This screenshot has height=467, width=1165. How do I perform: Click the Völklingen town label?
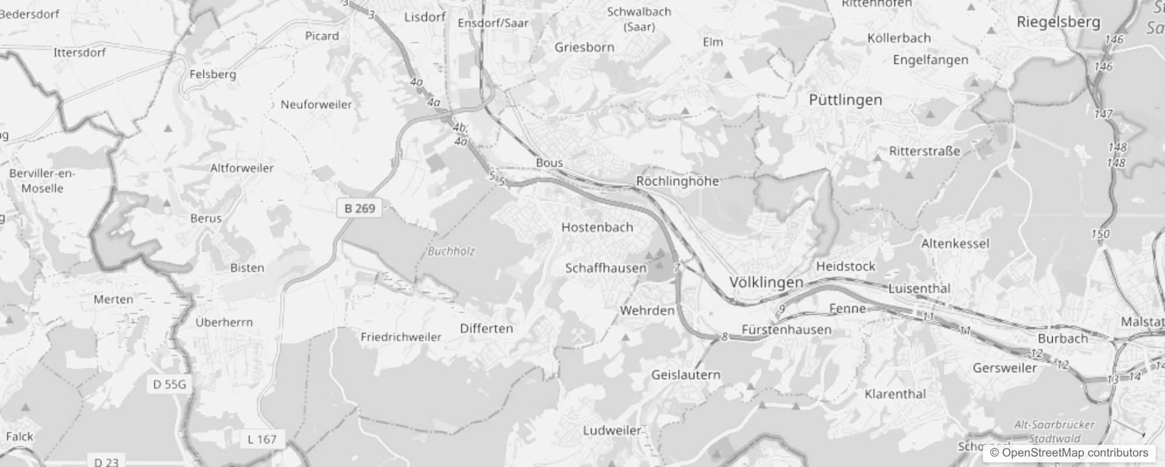tap(766, 283)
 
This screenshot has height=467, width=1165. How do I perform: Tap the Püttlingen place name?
tap(845, 100)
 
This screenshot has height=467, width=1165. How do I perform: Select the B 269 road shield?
tap(360, 208)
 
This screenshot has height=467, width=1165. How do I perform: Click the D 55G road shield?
tap(169, 384)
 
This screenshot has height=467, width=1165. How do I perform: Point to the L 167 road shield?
tap(261, 439)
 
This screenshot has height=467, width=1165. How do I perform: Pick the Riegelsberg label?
tap(1058, 22)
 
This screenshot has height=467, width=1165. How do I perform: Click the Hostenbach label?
tap(597, 227)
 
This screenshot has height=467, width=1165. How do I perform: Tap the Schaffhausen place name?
tap(606, 268)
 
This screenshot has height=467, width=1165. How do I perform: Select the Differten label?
tap(486, 328)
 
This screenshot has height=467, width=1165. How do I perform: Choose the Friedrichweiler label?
tap(401, 337)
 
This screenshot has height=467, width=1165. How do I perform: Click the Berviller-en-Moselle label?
tap(42, 181)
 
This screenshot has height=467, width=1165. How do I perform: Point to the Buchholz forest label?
tap(451, 251)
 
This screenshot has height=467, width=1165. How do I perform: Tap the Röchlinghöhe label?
tap(677, 181)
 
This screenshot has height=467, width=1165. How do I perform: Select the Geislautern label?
tap(686, 375)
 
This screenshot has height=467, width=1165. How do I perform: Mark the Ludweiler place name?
tap(612, 431)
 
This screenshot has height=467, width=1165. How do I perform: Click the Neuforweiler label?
tap(316, 104)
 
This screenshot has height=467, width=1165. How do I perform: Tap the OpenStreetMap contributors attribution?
tap(1069, 453)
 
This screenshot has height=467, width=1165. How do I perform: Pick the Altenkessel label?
tap(955, 243)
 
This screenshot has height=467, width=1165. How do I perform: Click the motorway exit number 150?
tap(1100, 234)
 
